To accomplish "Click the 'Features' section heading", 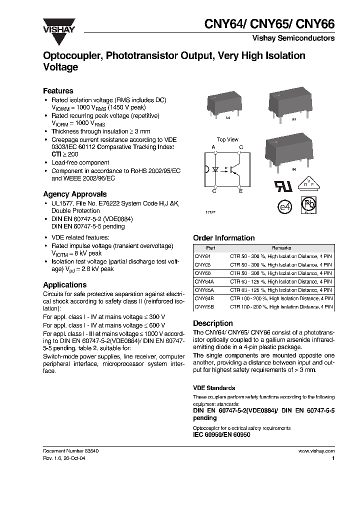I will (58, 91).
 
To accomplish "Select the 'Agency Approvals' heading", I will (74, 194).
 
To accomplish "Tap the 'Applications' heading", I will (64, 285).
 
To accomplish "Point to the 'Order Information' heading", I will (223, 238).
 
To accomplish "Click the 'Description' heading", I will (212, 323).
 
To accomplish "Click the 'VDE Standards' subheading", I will (214, 388).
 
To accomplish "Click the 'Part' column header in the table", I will (210, 248).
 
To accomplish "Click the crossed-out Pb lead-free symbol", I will (308, 205).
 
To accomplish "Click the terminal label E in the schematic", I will (240, 191).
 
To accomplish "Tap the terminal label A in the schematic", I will (213, 147).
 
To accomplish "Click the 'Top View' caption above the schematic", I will (227, 139).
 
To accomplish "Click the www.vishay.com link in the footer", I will (316, 450).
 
